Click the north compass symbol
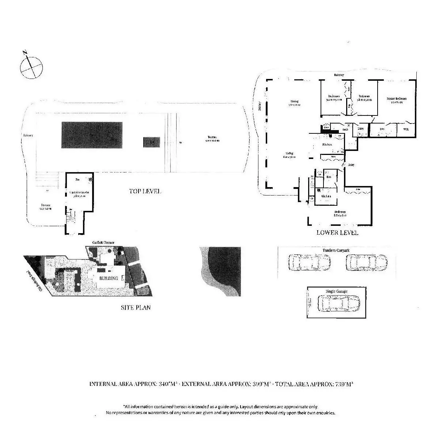point(31,67)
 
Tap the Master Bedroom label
point(397,99)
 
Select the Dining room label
point(294,101)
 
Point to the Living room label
point(289,153)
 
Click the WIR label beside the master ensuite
point(405,129)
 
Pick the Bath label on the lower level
point(345,129)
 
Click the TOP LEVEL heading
point(145,191)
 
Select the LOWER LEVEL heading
point(337,232)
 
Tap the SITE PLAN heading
point(136,307)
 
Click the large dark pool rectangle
point(92,134)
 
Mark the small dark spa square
point(151,142)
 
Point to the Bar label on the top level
point(77,179)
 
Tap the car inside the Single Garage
point(338,303)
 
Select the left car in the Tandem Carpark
point(309,262)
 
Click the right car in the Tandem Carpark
point(366,262)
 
